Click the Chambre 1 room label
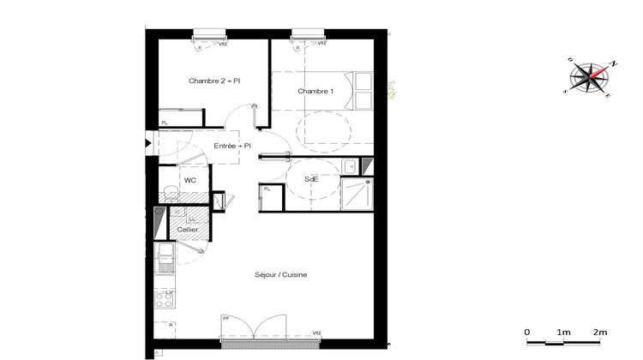pos(315,92)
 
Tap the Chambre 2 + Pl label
pos(214,81)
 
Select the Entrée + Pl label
pos(232,146)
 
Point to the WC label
pos(190,180)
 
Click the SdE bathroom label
pos(313,179)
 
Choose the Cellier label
pos(188,230)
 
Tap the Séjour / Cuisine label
pos(281,274)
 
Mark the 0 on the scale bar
pos(527,332)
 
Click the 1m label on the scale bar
pos(563,332)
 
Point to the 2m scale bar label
pos(599,332)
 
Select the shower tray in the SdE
pos(357,193)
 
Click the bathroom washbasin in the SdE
pos(351,165)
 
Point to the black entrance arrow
pos(148,144)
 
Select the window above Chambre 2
pos(208,35)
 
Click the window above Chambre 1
pos(307,35)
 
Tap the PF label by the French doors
pos(226,319)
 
